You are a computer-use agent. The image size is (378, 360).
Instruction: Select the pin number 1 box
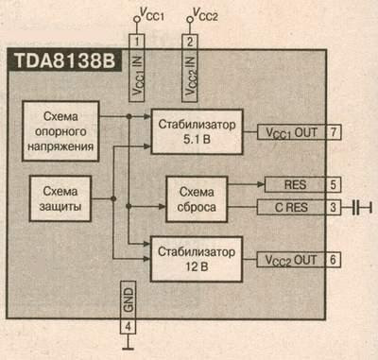[x=137, y=42]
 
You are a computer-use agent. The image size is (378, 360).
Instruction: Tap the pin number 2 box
[x=189, y=42]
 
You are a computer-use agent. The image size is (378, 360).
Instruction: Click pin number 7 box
[x=335, y=131]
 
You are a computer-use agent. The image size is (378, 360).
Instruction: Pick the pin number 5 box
[x=335, y=184]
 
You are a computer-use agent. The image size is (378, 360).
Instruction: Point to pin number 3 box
[x=335, y=206]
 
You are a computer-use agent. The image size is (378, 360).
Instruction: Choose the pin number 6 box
[x=335, y=258]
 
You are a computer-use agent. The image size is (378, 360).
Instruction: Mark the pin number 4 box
[x=130, y=328]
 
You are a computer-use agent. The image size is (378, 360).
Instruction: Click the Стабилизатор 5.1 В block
[x=196, y=130]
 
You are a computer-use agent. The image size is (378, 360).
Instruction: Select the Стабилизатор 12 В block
[x=196, y=258]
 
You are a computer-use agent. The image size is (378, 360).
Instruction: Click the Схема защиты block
[x=62, y=197]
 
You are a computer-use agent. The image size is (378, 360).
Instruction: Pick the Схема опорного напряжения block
[x=62, y=130]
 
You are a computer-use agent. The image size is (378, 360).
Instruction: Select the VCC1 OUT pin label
[x=292, y=131]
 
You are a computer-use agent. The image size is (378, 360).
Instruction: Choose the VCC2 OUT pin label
[x=292, y=258]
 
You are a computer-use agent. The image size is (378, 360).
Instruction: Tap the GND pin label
[x=130, y=298]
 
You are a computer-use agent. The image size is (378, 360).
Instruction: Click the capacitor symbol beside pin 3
[x=360, y=206]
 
